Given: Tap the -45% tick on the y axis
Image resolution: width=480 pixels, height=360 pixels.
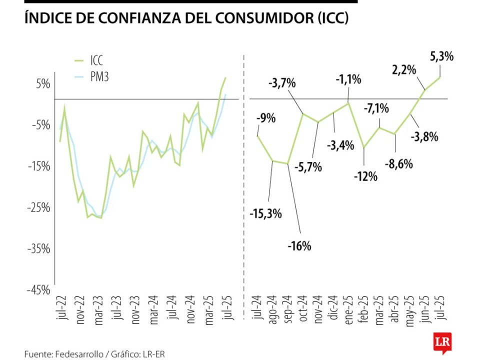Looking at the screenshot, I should tap(38, 289).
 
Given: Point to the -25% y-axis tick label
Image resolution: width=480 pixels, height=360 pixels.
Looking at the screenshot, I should tap(38, 207).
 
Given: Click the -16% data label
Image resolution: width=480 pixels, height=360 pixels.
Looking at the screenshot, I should tap(299, 246).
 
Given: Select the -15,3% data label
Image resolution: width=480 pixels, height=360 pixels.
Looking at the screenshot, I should tap(266, 214).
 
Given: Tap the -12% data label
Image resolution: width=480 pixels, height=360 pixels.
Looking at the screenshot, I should tap(365, 176).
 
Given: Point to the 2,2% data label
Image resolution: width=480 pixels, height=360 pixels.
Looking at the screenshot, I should tap(404, 70).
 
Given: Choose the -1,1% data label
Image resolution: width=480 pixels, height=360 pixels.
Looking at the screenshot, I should tap(348, 79).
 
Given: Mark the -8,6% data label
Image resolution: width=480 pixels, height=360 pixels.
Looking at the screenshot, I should tap(398, 163).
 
